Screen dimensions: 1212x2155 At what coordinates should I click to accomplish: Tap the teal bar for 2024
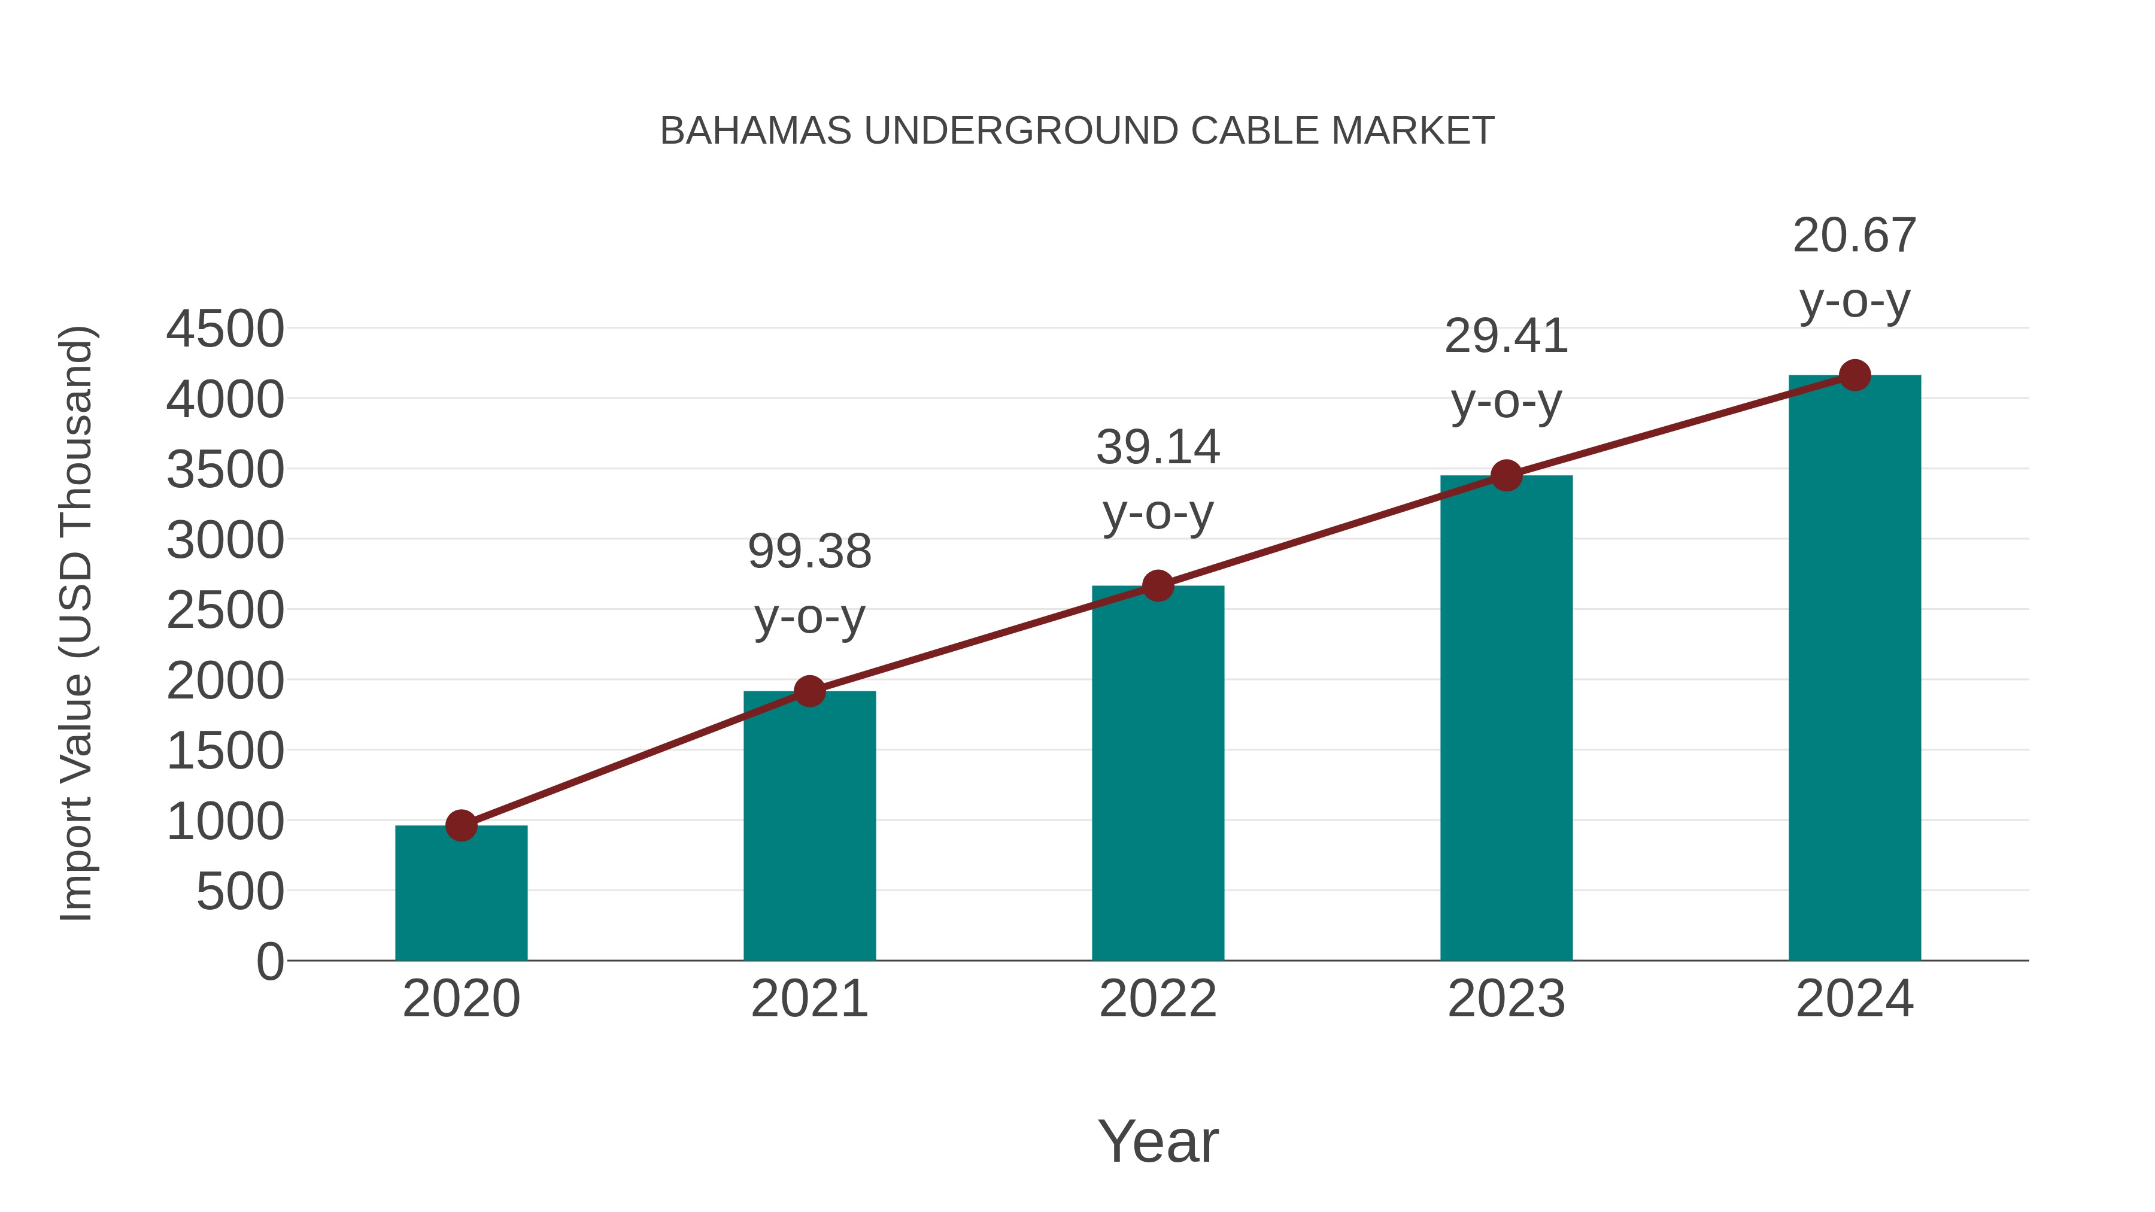(x=1854, y=669)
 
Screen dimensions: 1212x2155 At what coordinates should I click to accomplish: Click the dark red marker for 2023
(x=1506, y=476)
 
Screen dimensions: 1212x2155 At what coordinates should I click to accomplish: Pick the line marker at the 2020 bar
(x=461, y=825)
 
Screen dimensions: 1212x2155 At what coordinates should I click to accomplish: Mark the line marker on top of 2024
(x=1854, y=375)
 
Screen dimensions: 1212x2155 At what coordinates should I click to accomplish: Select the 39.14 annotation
(x=1158, y=448)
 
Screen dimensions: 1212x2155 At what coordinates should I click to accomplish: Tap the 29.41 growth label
(x=1506, y=337)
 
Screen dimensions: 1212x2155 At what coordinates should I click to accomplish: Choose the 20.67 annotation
(x=1854, y=236)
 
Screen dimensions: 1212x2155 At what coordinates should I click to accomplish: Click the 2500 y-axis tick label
(x=225, y=610)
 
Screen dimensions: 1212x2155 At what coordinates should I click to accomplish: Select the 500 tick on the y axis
(x=240, y=892)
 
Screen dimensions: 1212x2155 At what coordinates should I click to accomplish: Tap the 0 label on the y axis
(x=269, y=962)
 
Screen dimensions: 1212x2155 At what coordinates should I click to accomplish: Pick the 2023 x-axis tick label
(x=1506, y=1000)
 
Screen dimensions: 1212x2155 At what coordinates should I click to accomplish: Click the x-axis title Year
(x=1158, y=1142)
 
